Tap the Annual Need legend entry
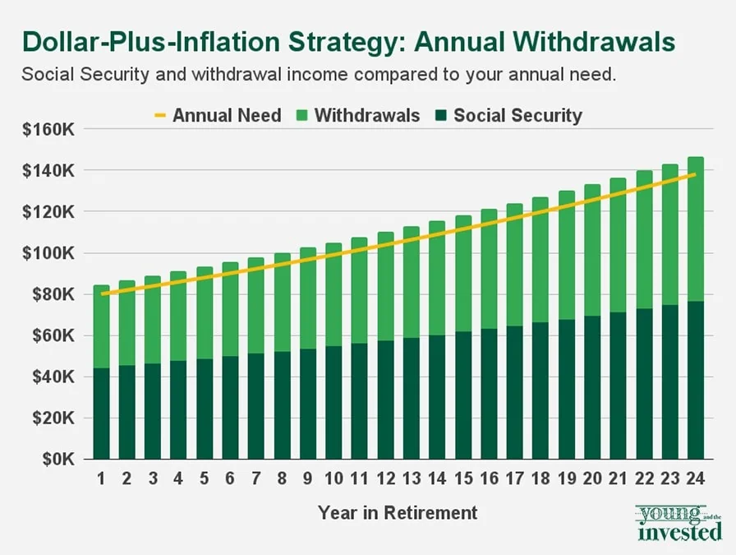point(218,115)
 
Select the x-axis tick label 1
point(101,479)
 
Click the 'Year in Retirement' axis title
point(398,513)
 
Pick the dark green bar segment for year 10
point(333,402)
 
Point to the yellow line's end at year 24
point(696,174)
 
